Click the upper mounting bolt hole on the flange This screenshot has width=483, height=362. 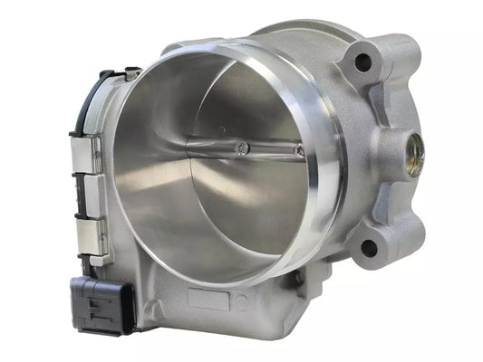point(362,63)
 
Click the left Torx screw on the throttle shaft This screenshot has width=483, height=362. point(240,147)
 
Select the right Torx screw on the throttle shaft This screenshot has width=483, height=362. point(299,150)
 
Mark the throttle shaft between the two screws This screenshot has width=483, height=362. point(270,148)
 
